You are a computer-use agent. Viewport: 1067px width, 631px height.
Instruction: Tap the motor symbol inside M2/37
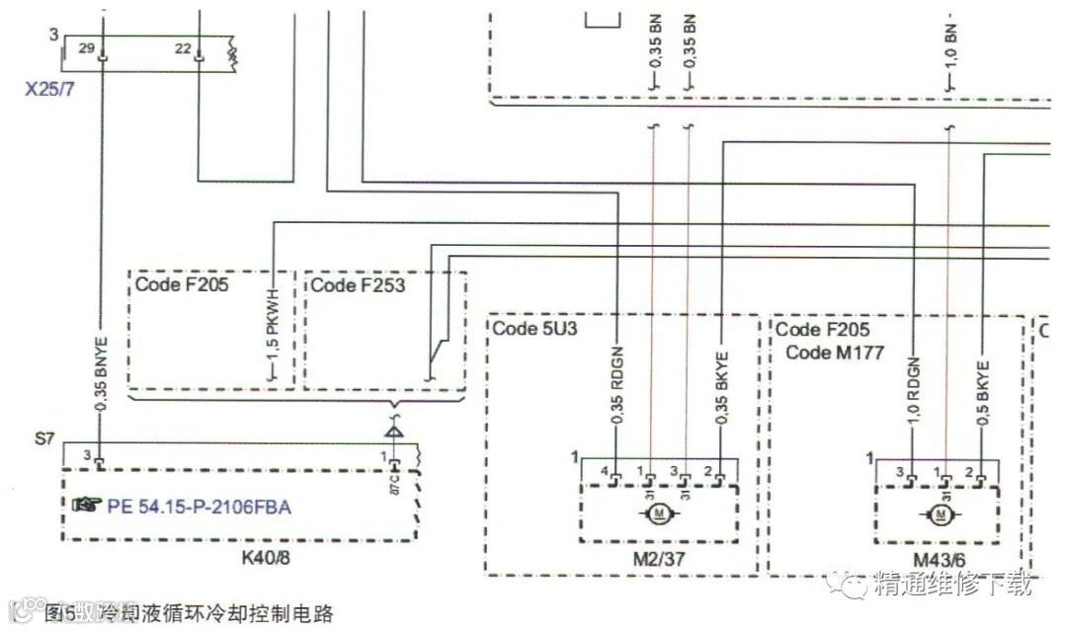[658, 513]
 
